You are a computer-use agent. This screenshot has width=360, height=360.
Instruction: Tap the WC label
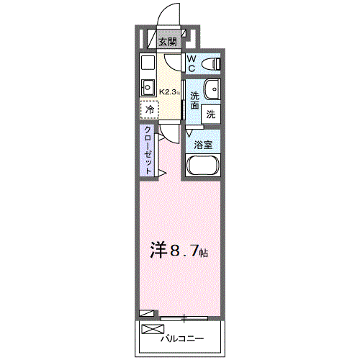(x=192, y=63)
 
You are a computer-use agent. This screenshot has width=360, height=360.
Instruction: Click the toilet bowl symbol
(x=212, y=63)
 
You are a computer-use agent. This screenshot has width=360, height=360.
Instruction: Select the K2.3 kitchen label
(x=169, y=91)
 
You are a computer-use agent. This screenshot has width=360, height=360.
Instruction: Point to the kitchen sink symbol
(x=148, y=88)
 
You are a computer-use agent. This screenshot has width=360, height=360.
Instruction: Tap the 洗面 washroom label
(x=194, y=101)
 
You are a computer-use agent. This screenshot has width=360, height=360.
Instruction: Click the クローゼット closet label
(x=148, y=150)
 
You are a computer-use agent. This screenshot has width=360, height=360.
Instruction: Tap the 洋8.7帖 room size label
(x=179, y=251)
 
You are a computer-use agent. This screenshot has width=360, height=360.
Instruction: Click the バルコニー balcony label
(x=183, y=338)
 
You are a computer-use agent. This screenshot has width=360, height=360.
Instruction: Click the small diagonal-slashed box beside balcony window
(x=147, y=313)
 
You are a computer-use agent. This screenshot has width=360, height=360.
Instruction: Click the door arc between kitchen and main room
(x=167, y=134)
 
